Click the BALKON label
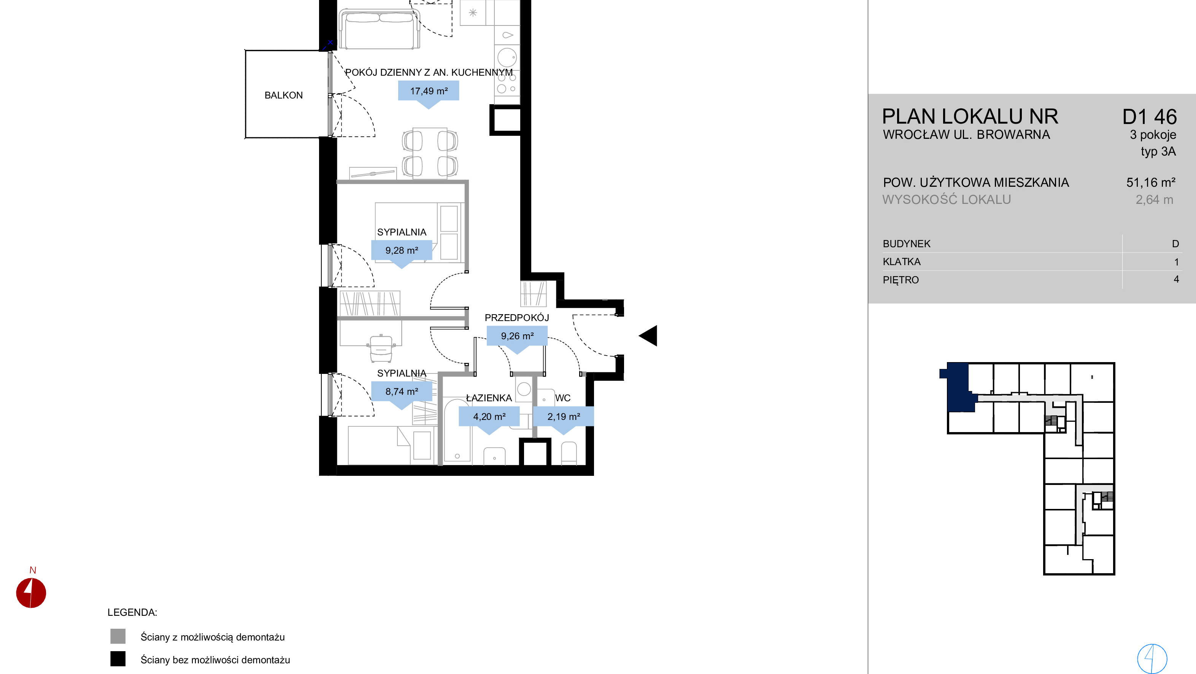(x=283, y=95)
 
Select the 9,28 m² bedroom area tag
(x=402, y=250)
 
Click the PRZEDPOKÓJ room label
(x=517, y=318)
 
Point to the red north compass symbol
(x=31, y=593)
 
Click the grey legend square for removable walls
(x=118, y=636)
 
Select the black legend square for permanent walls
(x=118, y=659)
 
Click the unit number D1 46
(x=1150, y=117)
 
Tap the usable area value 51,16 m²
(x=1150, y=182)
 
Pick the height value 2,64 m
(x=1154, y=200)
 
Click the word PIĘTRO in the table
(x=901, y=280)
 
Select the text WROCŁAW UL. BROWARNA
(x=966, y=135)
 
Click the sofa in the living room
(x=379, y=29)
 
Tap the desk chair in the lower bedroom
(x=381, y=348)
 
